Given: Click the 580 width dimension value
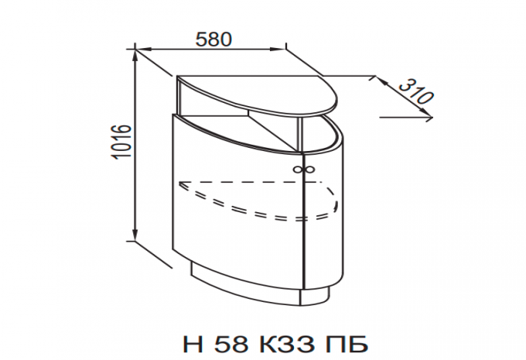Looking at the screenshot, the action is pos(213,39).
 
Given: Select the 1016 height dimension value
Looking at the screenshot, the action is pos(121,142).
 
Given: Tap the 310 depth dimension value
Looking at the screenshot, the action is pos(416,91).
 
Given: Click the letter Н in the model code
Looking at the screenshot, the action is pos(193,344).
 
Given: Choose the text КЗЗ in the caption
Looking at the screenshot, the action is pos(287,344).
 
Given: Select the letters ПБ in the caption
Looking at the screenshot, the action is pos(347,344).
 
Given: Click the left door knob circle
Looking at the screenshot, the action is pos(297,169).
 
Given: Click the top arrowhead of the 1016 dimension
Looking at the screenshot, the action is pos(135,54).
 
